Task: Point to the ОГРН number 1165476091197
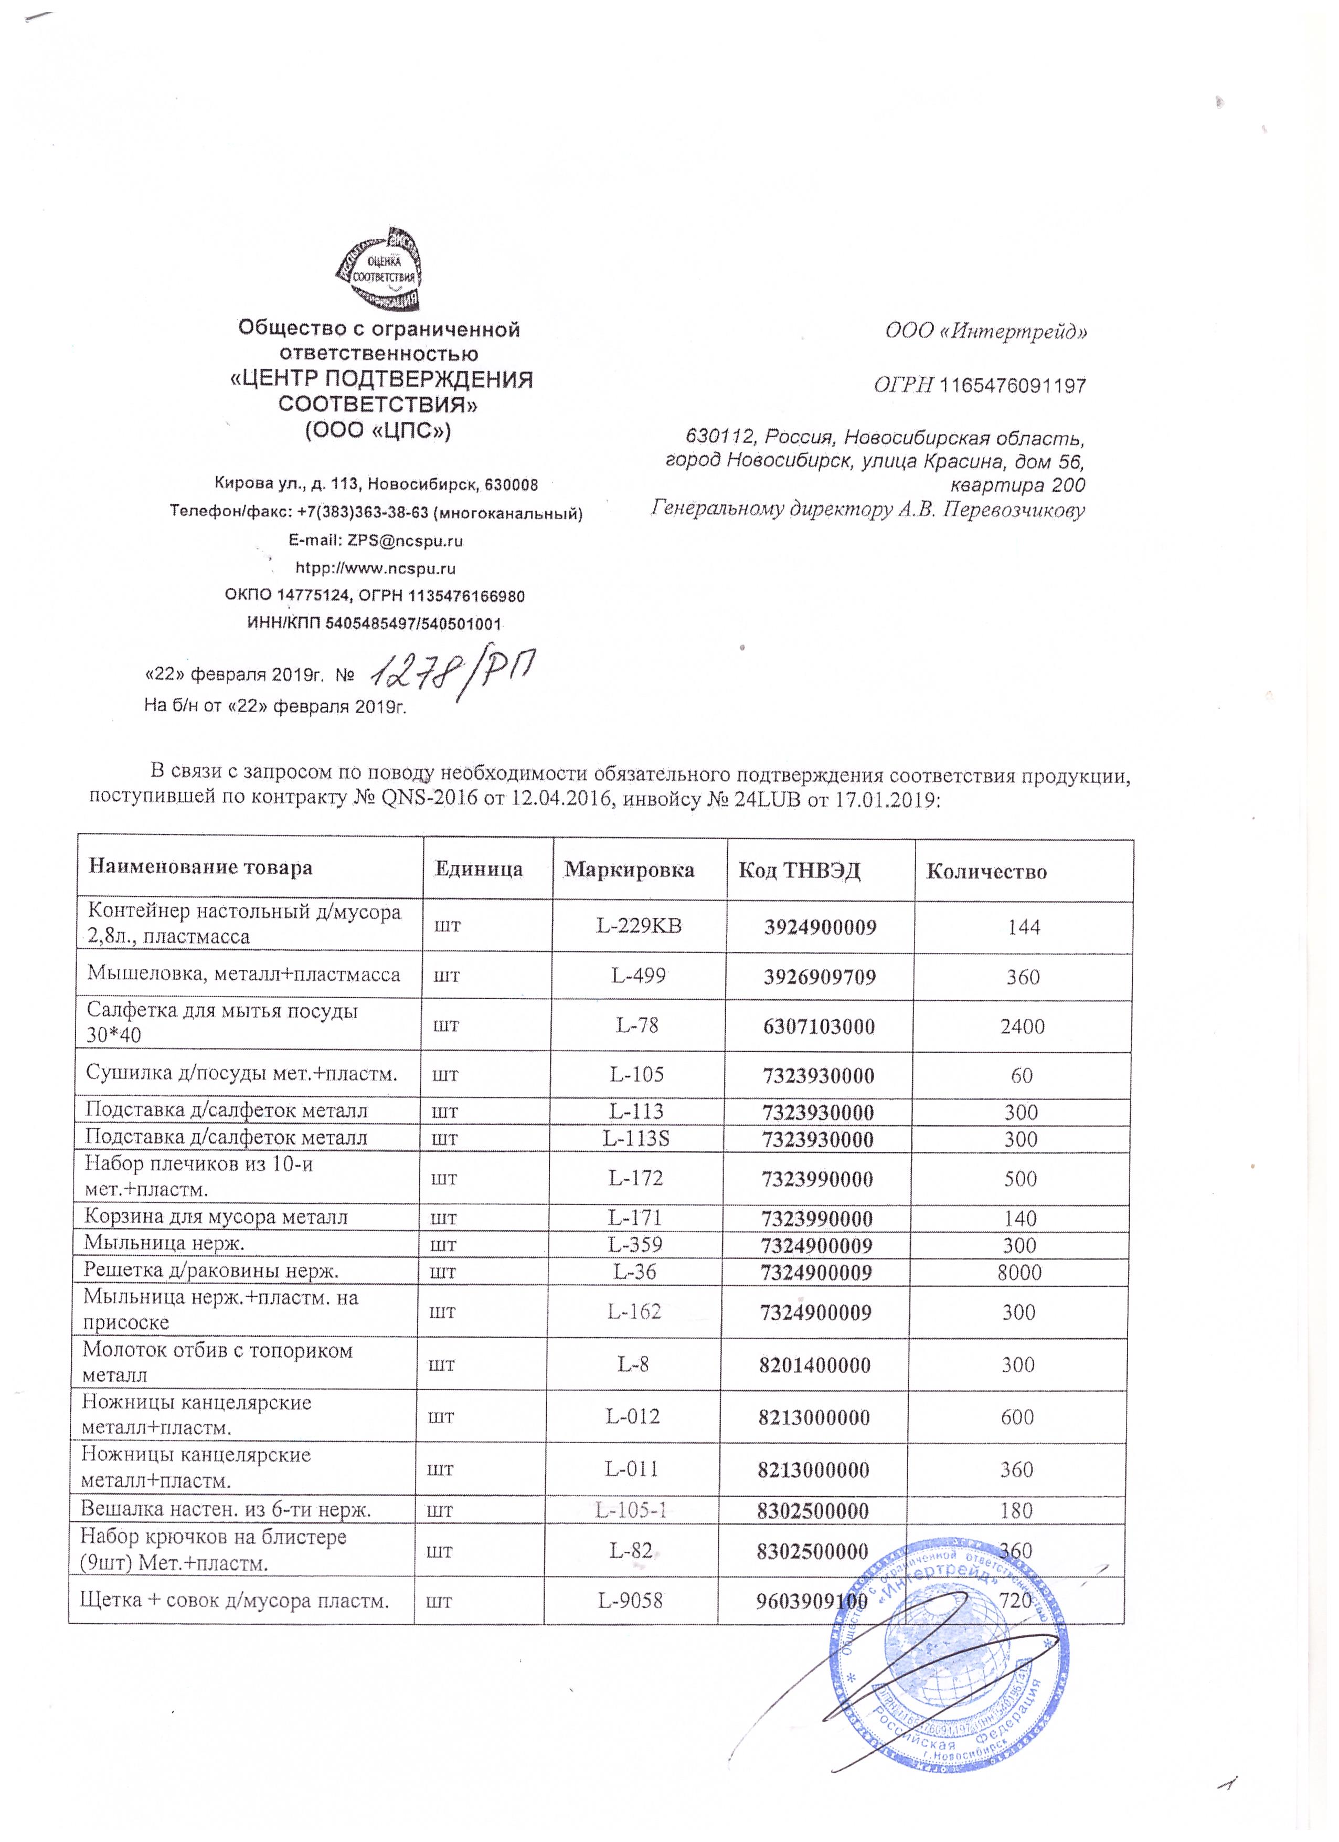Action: point(1012,386)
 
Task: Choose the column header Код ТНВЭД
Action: point(799,871)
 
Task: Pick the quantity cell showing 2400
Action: point(1022,1026)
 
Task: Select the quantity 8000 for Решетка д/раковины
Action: point(1019,1272)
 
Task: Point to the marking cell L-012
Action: point(633,1416)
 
